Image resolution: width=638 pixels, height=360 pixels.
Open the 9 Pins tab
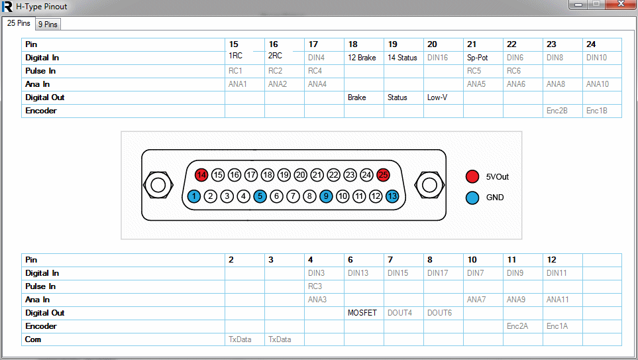48,25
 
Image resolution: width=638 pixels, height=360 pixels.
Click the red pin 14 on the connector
201,175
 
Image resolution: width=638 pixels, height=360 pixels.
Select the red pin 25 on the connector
383,175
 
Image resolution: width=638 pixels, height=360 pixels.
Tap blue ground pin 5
260,196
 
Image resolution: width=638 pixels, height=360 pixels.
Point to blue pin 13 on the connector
392,196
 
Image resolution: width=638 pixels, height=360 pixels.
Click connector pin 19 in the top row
284,175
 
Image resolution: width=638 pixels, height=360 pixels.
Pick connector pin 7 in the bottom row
293,196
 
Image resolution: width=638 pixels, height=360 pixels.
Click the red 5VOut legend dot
472,177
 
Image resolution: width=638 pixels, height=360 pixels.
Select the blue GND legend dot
472,198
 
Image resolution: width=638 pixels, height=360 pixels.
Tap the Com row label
33,339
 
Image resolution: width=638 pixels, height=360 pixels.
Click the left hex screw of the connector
158,185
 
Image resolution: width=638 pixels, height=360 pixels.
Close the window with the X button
621,4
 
